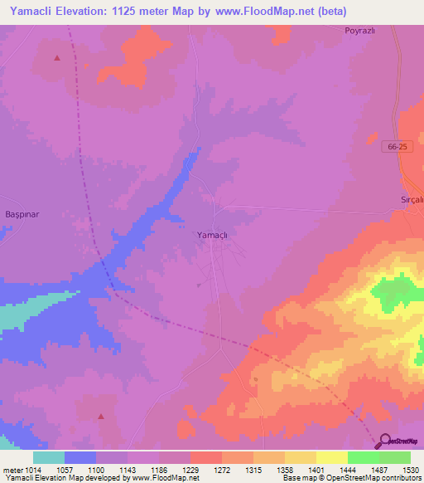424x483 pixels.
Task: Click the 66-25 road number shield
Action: point(397,147)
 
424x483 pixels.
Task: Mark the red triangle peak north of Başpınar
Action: point(57,58)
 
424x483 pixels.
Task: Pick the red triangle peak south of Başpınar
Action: point(101,416)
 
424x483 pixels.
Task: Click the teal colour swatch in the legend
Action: point(49,457)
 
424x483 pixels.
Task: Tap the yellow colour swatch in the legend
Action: point(331,457)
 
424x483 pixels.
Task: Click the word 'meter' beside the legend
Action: point(12,469)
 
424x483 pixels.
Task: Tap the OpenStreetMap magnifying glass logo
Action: point(385,441)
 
